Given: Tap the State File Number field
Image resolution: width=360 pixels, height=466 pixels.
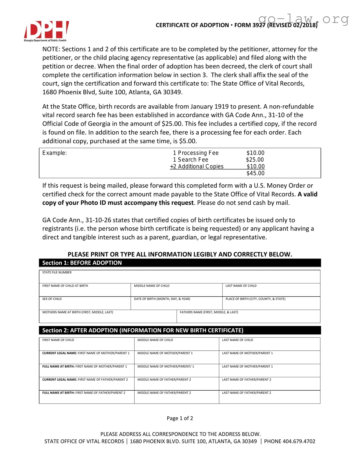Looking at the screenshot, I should [180, 277].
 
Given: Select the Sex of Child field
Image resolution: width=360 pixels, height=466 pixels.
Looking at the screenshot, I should [85, 304].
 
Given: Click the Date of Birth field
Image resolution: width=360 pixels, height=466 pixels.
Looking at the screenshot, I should [176, 304].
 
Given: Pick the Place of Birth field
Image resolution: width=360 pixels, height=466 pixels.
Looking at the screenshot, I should [271, 304].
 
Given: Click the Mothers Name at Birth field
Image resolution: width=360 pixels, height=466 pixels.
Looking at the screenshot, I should [108, 317].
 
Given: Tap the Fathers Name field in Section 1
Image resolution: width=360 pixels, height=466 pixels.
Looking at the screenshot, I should [248, 317].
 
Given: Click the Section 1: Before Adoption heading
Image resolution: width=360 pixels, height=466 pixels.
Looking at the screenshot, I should [82, 263].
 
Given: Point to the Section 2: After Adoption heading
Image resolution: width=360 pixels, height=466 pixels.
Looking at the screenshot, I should [143, 330].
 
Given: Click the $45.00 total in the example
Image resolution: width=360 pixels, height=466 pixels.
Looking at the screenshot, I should [255, 173].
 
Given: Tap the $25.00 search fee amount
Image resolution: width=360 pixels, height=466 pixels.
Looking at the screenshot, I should [255, 160].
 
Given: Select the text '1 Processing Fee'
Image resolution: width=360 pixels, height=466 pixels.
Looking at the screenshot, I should [196, 153].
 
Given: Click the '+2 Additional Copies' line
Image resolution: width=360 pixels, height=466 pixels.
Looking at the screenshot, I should [197, 167].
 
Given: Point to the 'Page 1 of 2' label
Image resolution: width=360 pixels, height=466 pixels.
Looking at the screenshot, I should [180, 418].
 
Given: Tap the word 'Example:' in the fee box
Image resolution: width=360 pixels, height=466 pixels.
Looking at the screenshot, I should [54, 153].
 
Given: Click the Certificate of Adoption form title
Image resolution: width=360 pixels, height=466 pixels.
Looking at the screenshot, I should [192, 25].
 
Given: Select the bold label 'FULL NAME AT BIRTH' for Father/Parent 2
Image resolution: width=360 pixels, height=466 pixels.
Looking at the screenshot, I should [58, 393].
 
